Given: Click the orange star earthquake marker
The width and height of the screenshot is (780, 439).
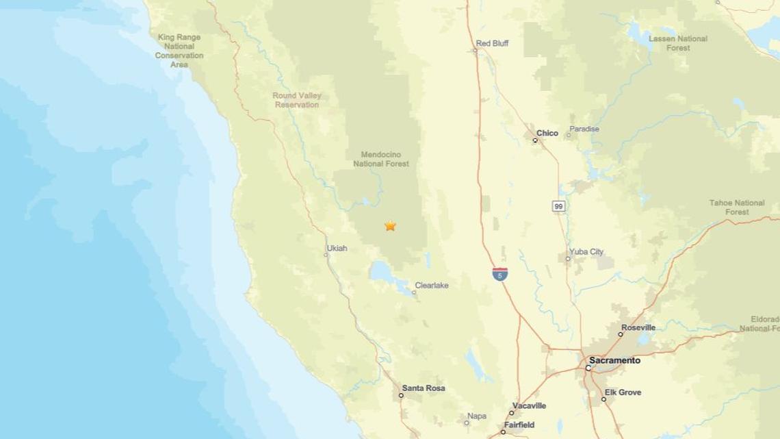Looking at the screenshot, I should pos(390,225).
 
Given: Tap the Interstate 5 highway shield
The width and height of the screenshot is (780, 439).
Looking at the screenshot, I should pos(500,274).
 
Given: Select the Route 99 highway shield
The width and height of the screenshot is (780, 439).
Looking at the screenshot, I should pos(559,205).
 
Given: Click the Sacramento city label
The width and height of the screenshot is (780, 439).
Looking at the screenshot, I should pos(615,360).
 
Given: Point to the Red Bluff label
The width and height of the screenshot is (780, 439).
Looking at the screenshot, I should pos(493,43).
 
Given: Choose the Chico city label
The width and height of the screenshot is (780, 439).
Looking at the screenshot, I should pos(547,133).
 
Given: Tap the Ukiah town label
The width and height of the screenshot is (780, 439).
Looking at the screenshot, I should pos(333,248).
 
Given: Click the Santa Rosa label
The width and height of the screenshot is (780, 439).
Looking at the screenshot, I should pos(424,388).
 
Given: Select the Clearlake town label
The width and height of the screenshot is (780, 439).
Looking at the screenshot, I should pos(432,286).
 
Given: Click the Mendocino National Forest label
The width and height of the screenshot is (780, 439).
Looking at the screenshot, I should pos(381,159).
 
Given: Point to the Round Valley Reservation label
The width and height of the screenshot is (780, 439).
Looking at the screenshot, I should pos(297,100).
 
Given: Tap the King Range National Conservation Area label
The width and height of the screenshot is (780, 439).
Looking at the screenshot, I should pos(179,51).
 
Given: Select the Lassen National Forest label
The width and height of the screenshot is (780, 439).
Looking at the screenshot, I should pos(678,43).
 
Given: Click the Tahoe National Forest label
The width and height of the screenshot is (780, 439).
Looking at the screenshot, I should pos(737,208).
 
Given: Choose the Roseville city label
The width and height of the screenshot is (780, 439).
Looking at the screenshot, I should pos(638,328).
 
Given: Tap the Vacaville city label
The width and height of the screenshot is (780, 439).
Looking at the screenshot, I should pos(528,405).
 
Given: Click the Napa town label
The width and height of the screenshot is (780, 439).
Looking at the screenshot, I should pos(476,416).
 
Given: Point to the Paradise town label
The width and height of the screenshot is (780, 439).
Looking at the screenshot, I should pos(585,129).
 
